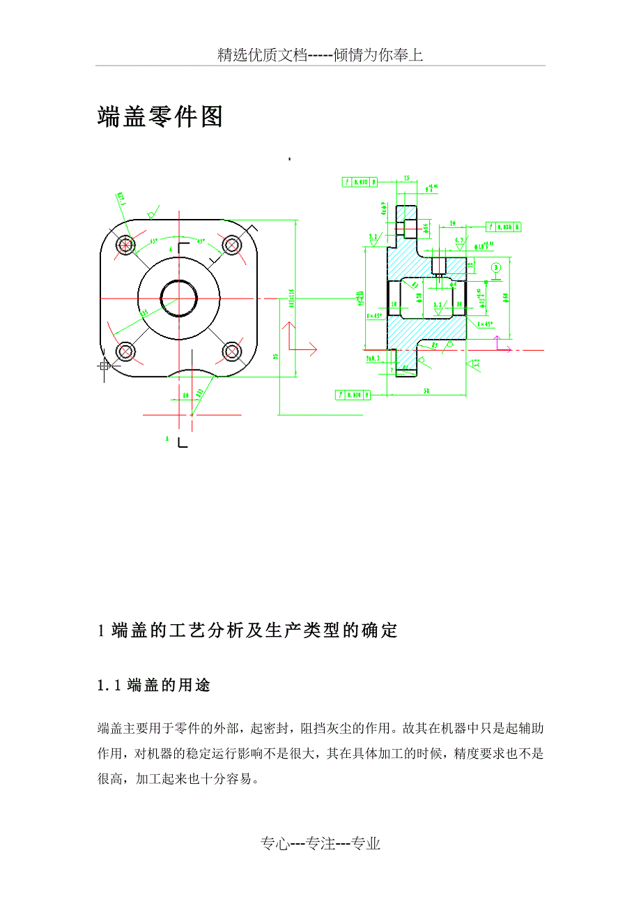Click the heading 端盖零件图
pos(160,117)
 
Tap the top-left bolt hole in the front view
pos(126,245)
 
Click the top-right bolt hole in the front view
pos(231,245)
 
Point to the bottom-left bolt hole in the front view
pos(126,351)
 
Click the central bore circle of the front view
pos(178,298)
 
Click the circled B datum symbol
pos(495,267)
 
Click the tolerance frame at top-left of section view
pos(360,182)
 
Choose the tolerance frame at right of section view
pos(502,227)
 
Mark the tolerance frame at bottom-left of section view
pos(353,395)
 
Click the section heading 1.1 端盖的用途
pos(154,686)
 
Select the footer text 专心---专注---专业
pos(320,844)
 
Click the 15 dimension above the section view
pos(406,179)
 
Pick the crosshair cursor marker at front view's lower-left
pos(105,365)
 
